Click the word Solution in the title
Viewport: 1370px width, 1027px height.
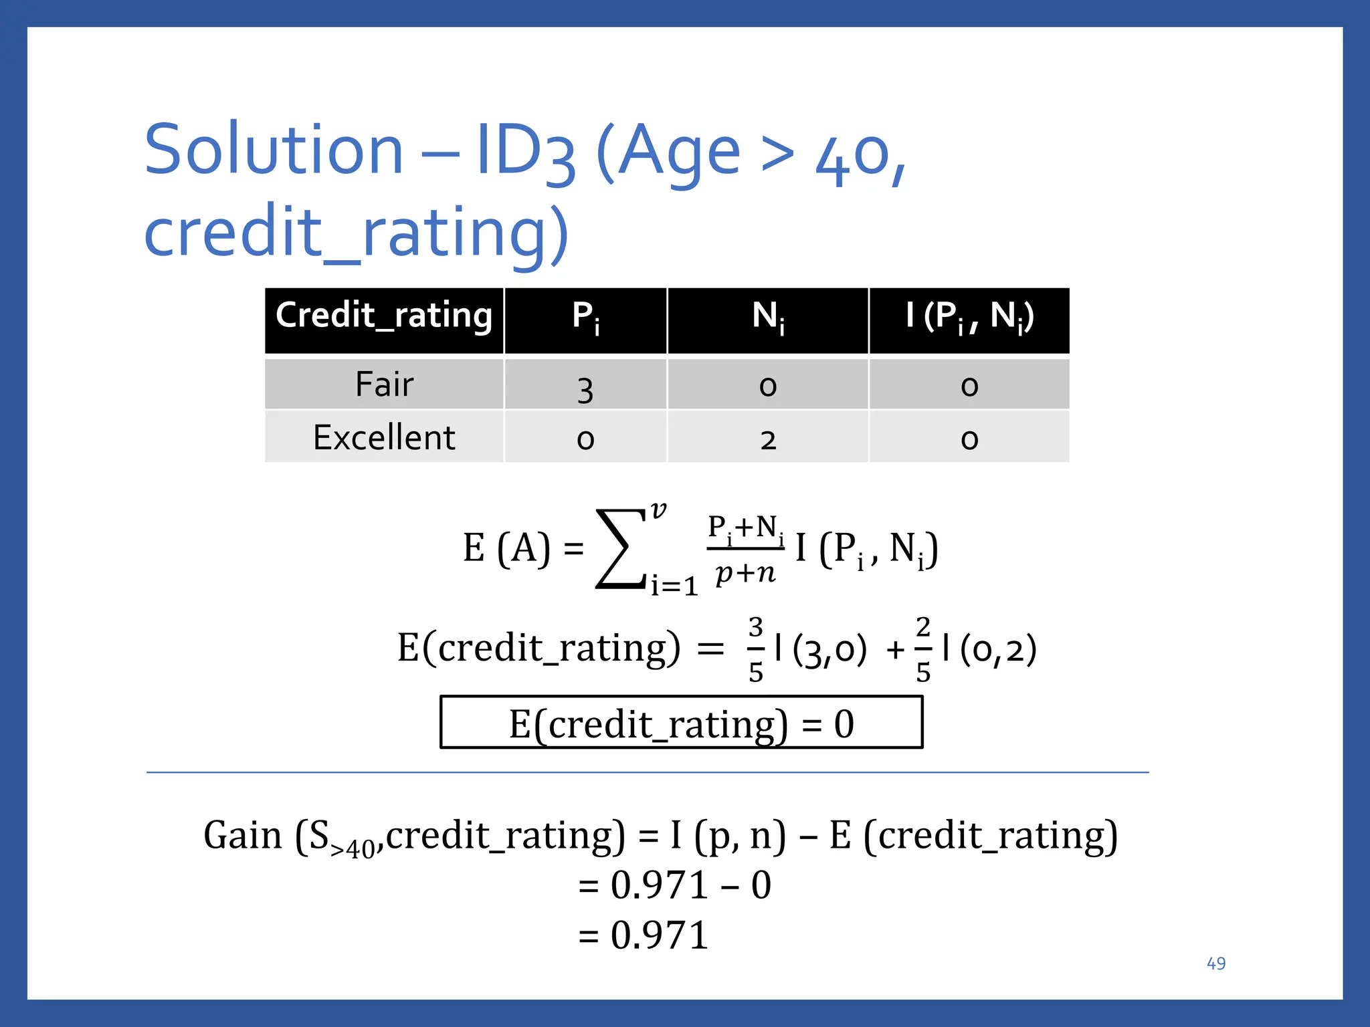pyautogui.click(x=274, y=150)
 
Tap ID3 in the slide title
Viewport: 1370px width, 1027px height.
pyautogui.click(x=526, y=151)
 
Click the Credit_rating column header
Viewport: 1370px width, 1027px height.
pyautogui.click(x=384, y=316)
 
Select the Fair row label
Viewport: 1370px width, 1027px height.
pyautogui.click(x=384, y=384)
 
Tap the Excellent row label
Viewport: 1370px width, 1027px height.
pyautogui.click(x=384, y=438)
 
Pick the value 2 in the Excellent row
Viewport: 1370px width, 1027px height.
pyautogui.click(x=768, y=440)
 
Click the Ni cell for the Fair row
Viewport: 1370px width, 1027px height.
pyautogui.click(x=768, y=386)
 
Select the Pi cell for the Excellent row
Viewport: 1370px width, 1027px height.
pyautogui.click(x=585, y=440)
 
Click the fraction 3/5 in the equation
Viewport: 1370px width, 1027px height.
pyautogui.click(x=756, y=649)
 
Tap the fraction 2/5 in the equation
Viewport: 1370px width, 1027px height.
pyautogui.click(x=923, y=649)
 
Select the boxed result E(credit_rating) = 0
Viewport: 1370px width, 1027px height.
pyautogui.click(x=681, y=723)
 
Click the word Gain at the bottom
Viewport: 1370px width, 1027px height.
pyautogui.click(x=243, y=836)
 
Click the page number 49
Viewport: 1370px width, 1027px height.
pyautogui.click(x=1215, y=963)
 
